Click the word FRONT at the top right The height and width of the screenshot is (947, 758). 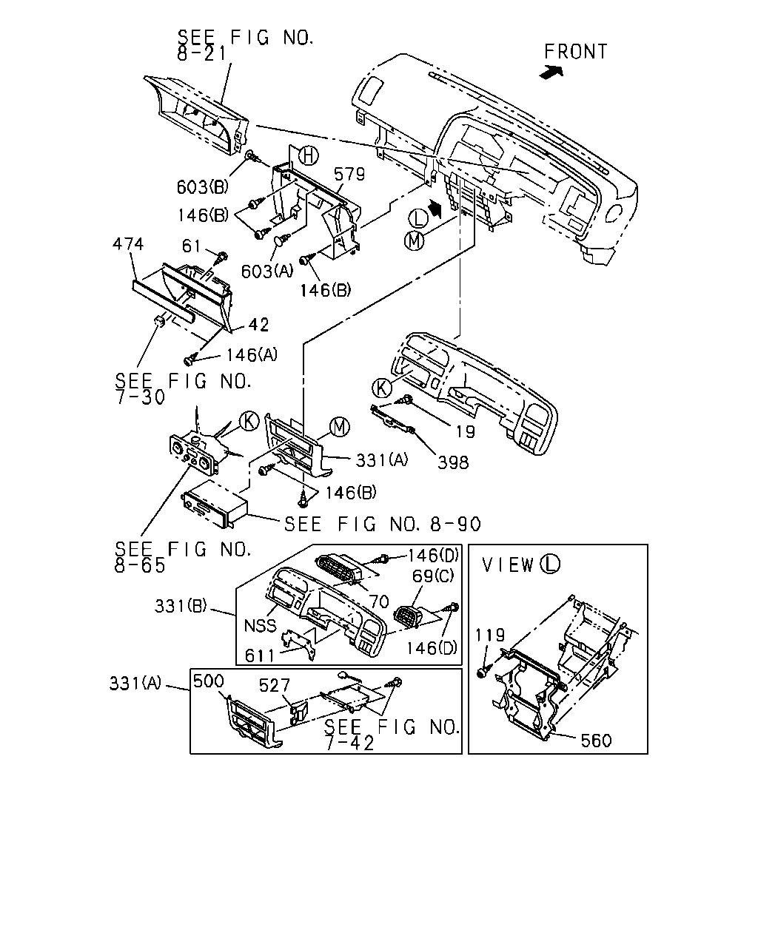point(575,52)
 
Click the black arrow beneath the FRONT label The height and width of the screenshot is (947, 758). point(551,73)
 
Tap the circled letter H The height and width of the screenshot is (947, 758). point(308,156)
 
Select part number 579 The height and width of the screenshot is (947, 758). point(349,175)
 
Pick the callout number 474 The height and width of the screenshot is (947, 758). point(128,244)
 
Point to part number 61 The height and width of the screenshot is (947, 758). point(192,246)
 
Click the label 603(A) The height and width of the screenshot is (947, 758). point(267,272)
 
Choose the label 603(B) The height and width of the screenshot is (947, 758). point(203,187)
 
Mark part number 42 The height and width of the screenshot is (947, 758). point(258,326)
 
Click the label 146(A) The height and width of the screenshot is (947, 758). point(252,355)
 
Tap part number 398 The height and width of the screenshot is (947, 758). point(453,462)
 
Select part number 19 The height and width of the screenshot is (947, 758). point(465,431)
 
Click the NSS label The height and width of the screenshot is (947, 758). point(261,626)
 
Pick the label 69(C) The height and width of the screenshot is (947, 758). point(432,576)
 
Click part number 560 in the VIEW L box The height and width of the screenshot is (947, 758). point(596,741)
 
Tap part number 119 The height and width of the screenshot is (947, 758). point(489,635)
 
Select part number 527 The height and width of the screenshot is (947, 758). point(275,685)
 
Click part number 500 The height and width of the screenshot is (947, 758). point(209,681)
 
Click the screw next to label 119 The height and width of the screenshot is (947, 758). point(483,671)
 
